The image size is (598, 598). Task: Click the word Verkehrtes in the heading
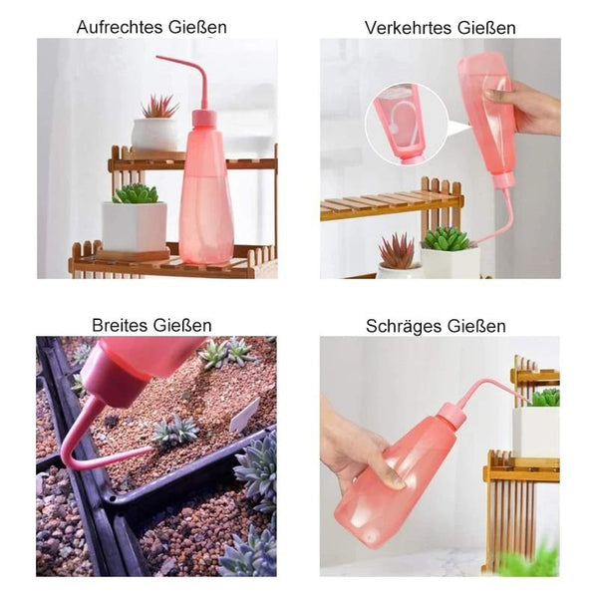408,28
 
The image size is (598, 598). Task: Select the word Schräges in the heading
402,327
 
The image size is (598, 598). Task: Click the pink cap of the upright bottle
204,118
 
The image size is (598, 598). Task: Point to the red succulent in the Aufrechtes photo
159,106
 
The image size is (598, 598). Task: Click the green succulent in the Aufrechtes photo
136,193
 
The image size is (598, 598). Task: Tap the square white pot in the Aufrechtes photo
135,226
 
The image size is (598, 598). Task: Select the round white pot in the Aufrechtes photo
154,135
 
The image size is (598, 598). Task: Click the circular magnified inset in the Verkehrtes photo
406,125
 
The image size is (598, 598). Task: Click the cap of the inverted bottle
502,180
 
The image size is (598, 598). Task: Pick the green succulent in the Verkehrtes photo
447,239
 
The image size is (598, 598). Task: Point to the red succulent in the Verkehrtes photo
398,251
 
